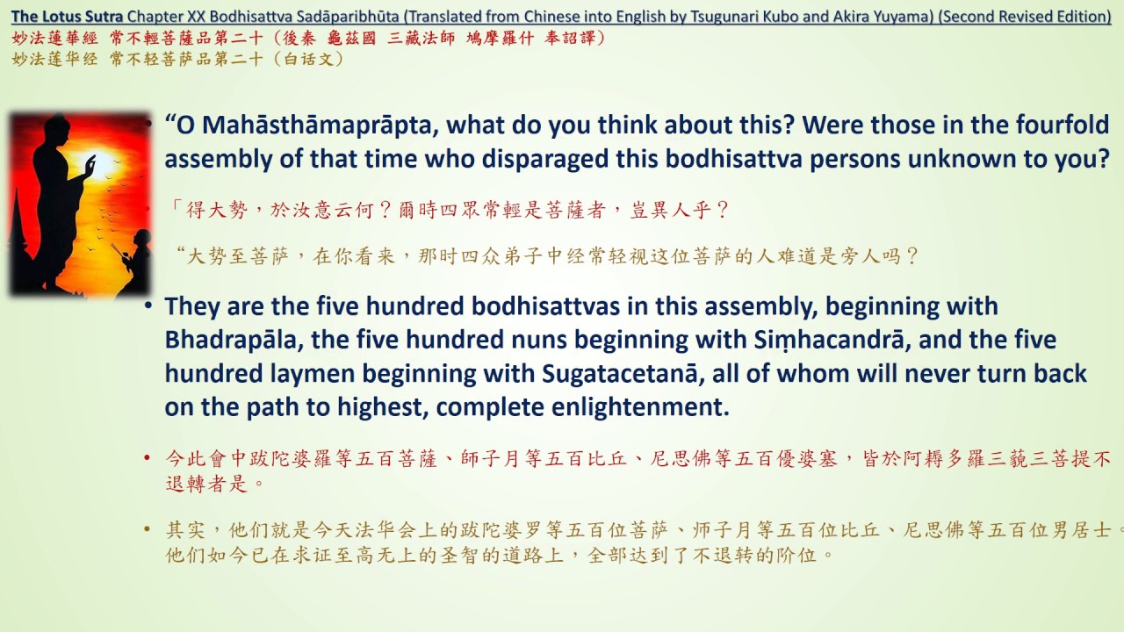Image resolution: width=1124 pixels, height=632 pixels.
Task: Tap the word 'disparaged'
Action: (x=551, y=159)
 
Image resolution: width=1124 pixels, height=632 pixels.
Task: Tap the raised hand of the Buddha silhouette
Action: (x=89, y=163)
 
